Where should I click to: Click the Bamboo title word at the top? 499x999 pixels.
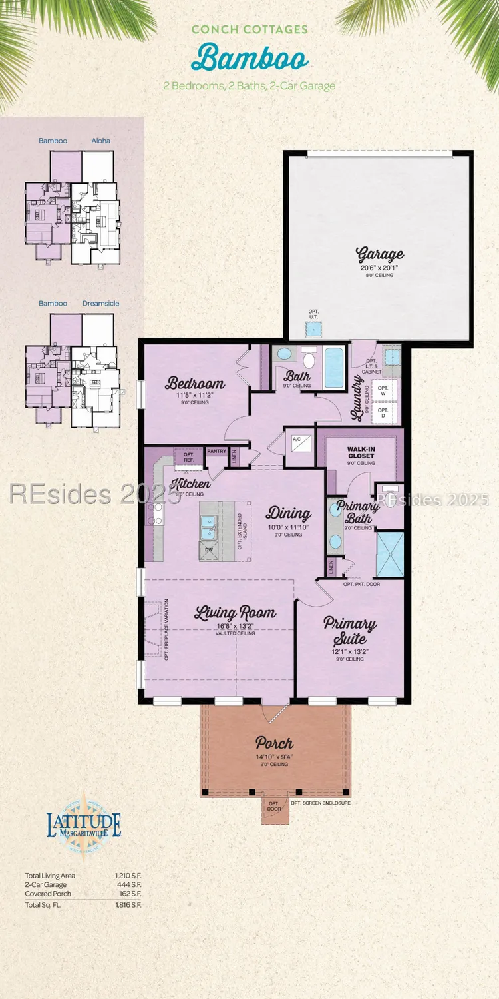click(249, 57)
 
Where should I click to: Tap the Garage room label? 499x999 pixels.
click(380, 254)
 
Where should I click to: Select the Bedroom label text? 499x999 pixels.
click(195, 383)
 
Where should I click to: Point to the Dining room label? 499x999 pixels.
click(289, 513)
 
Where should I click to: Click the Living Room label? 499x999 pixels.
click(235, 613)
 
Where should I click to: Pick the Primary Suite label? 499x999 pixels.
click(350, 631)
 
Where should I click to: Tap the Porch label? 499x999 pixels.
click(274, 743)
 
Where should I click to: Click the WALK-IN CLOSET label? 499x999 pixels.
click(361, 452)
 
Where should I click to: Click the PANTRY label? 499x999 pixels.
click(216, 451)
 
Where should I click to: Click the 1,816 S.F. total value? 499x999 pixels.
click(130, 905)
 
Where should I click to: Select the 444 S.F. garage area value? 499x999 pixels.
click(132, 884)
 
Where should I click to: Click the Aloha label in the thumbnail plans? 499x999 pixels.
click(100, 141)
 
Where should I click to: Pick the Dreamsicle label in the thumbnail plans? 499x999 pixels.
click(101, 304)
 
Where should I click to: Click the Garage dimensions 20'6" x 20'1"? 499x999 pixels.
click(380, 268)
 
